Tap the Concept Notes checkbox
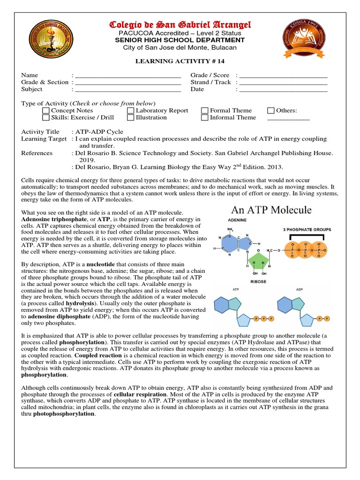[45, 111]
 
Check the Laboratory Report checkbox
[131, 111]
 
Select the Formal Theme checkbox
[204, 111]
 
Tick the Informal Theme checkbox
[204, 118]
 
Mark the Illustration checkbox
[131, 118]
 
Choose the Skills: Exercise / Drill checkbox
[45, 118]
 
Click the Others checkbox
[271, 111]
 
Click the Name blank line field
[128, 75]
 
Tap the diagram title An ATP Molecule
[270, 210]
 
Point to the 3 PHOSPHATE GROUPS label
[307, 230]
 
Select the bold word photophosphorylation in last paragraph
[64, 414]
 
